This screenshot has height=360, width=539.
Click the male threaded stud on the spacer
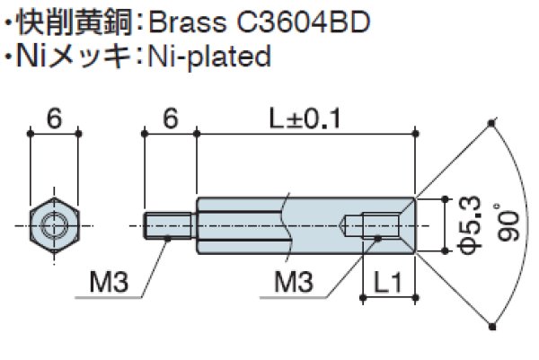pos(168,222)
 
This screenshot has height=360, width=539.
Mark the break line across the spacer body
pos(286,222)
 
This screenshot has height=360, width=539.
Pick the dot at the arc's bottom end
pos(492,324)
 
